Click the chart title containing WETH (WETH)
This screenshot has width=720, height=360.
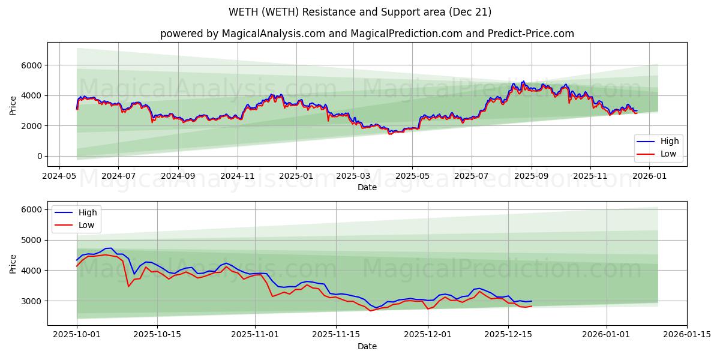(x=360, y=12)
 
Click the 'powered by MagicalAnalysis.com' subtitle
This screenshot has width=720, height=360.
(x=367, y=34)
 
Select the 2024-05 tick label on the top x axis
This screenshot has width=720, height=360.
(x=59, y=176)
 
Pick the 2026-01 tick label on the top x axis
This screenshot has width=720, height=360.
(x=649, y=176)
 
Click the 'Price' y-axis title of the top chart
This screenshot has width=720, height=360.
(x=13, y=104)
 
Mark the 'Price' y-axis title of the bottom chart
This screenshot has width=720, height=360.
(x=13, y=263)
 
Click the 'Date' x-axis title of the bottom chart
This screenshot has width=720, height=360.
(x=367, y=346)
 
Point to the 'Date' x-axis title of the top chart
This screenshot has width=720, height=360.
(x=367, y=187)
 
